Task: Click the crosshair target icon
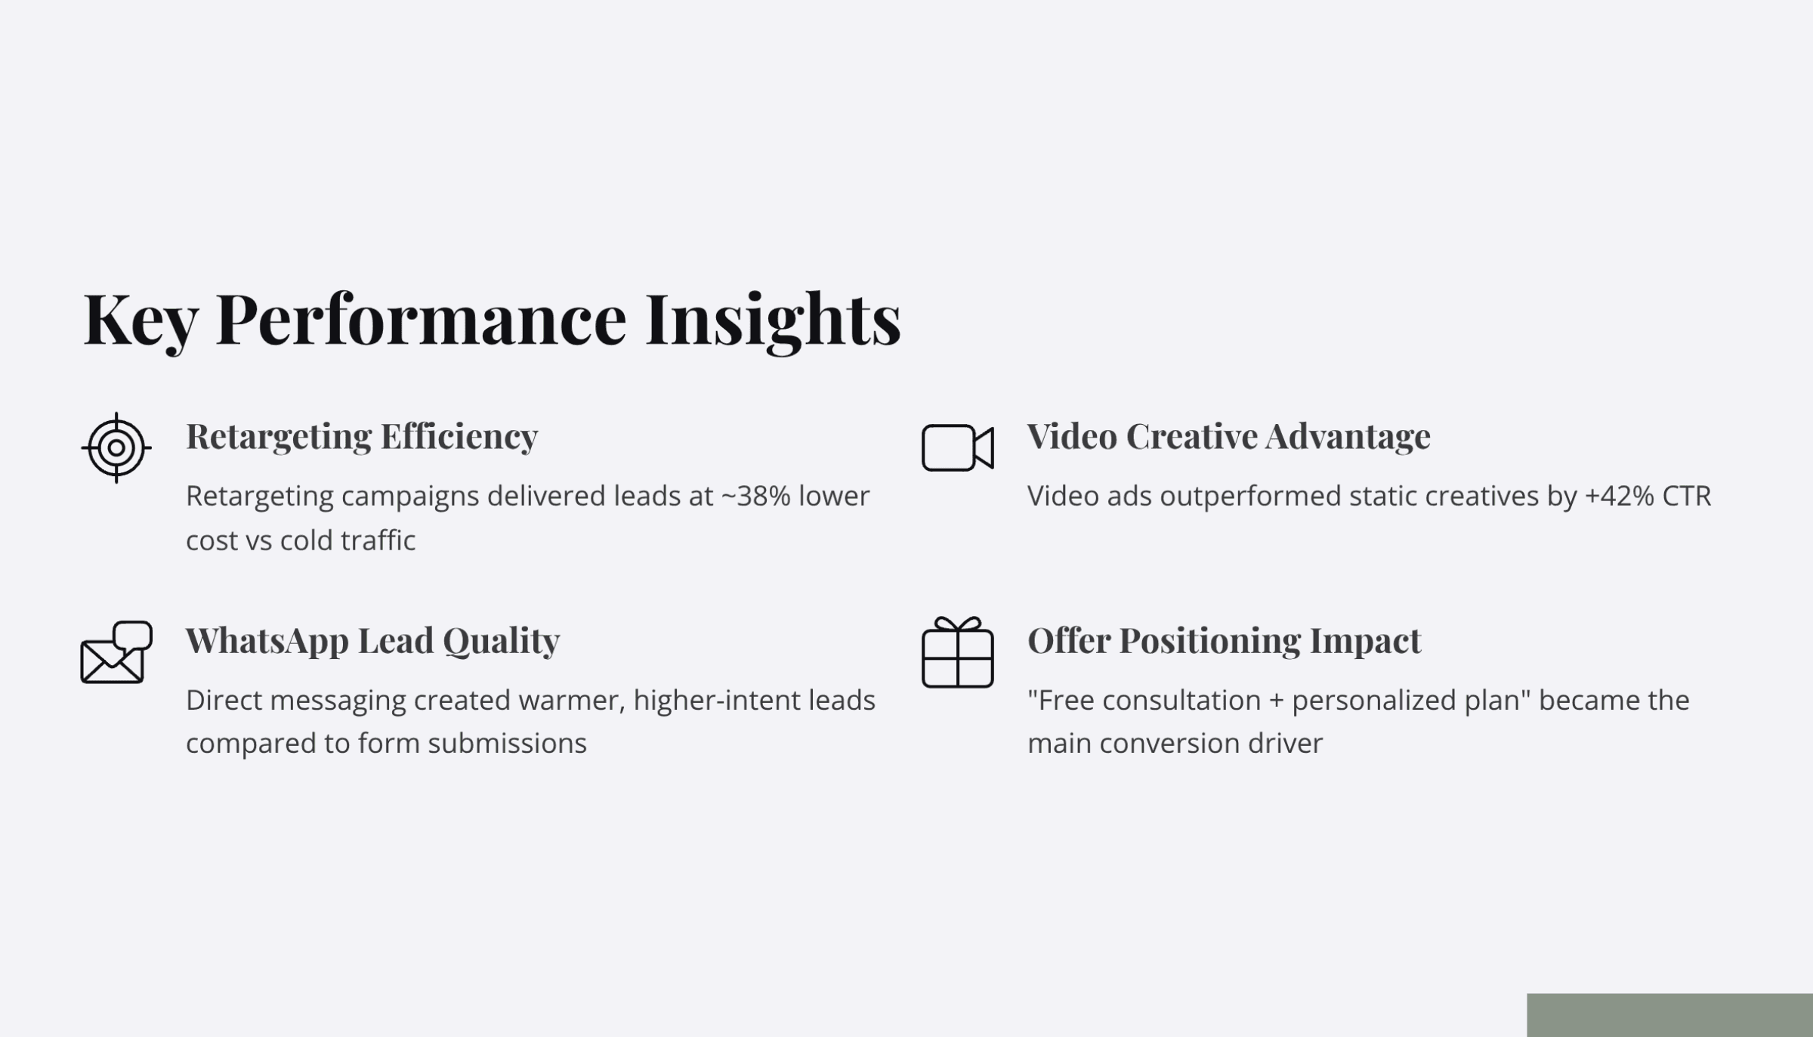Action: tap(116, 447)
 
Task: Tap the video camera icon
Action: tap(957, 447)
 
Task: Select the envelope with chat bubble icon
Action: tap(116, 652)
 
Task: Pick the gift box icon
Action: tap(957, 652)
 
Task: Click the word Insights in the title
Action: tap(772, 319)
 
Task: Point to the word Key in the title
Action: tap(140, 319)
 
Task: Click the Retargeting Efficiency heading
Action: tap(362, 436)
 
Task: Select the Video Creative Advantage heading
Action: tap(1228, 436)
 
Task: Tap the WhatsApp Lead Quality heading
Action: tap(372, 640)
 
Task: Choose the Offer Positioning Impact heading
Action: tap(1224, 640)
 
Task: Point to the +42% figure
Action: tap(1619, 497)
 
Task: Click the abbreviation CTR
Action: tap(1686, 497)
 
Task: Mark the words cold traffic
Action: tap(347, 540)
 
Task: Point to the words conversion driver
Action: tap(1211, 744)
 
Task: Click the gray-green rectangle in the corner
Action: tap(1669, 1014)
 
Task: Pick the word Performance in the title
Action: tap(421, 319)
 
